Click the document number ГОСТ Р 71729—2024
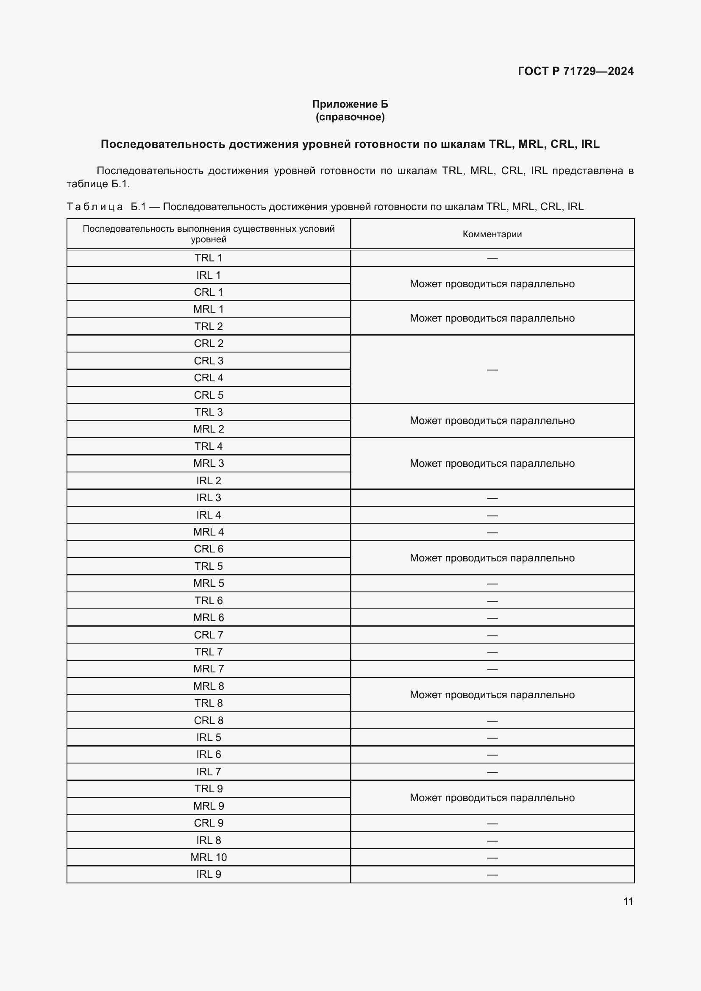[576, 71]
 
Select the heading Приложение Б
[350, 104]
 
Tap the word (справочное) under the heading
[350, 117]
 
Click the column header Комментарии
[492, 234]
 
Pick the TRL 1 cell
[209, 258]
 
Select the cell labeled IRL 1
[209, 275]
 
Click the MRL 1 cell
[209, 309]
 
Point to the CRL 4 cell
[209, 378]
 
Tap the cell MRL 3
[209, 464]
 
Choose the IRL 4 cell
[209, 515]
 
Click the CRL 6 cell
[209, 549]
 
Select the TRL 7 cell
[209, 652]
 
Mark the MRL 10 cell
[209, 857]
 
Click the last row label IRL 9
[209, 874]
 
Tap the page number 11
[628, 901]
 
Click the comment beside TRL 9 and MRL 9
[492, 798]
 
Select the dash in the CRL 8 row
[492, 721]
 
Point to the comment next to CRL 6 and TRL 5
[492, 558]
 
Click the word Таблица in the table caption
[95, 207]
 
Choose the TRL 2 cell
[209, 327]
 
